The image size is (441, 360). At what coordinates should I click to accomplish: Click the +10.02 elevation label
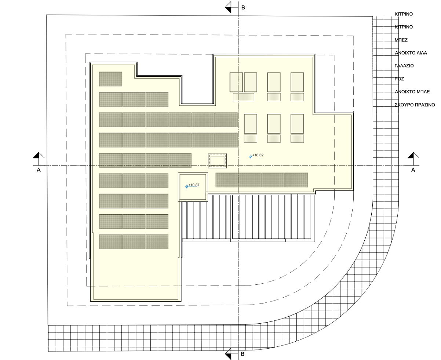[x=258, y=155]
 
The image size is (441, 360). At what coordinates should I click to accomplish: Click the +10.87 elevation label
[x=194, y=185]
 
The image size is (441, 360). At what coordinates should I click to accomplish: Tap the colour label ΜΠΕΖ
[x=401, y=40]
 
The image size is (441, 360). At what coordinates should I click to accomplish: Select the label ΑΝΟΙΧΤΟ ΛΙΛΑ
[x=411, y=53]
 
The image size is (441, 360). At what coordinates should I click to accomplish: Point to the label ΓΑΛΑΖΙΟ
[x=404, y=66]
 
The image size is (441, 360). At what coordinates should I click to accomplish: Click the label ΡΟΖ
[x=400, y=79]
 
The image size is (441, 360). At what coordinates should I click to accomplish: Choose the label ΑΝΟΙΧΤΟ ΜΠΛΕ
[x=412, y=92]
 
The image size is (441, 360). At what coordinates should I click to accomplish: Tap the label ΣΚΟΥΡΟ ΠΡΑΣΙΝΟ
[x=415, y=105]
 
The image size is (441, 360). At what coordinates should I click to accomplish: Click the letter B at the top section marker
[x=243, y=8]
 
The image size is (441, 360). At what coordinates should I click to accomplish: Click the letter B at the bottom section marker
[x=243, y=354]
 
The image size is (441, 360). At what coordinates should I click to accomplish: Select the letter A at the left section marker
[x=39, y=170]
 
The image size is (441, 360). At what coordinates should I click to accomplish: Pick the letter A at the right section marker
[x=413, y=170]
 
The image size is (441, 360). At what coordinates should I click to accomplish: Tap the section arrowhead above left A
[x=39, y=155]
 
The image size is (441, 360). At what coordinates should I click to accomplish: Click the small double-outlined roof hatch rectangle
[x=217, y=161]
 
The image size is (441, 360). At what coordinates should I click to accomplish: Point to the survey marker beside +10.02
[x=251, y=157]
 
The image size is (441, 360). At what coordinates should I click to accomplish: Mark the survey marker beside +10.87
[x=187, y=186]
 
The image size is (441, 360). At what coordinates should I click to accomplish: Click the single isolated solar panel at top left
[x=110, y=79]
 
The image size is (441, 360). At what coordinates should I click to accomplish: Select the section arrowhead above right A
[x=413, y=155]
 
